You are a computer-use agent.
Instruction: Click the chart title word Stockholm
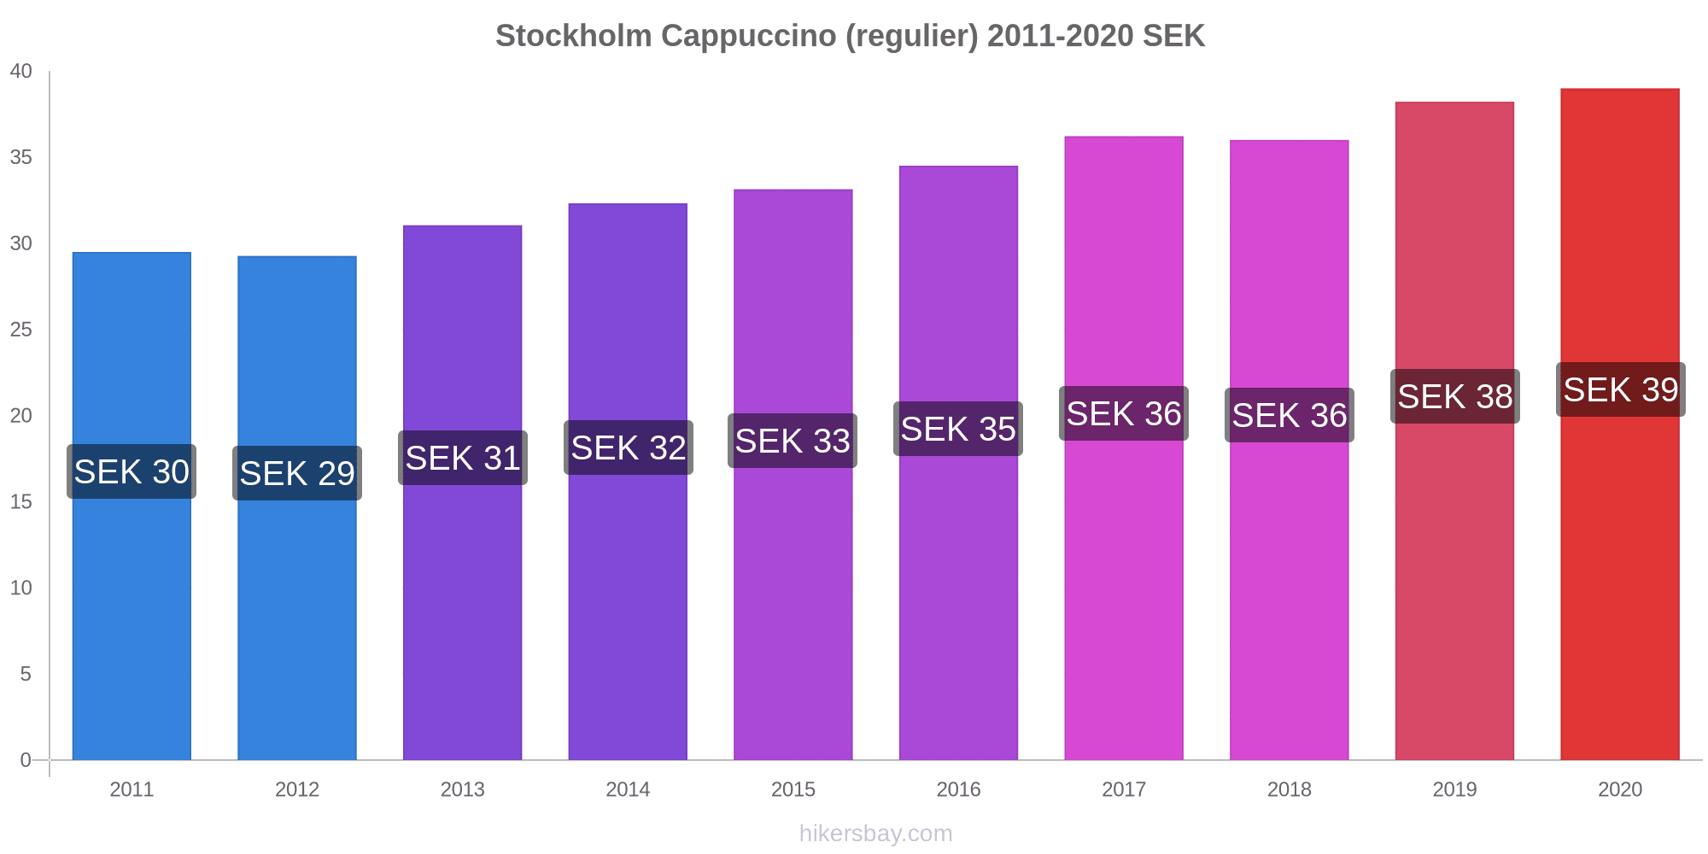coord(573,36)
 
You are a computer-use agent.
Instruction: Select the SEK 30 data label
coord(132,471)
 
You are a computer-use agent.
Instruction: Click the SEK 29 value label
coord(297,473)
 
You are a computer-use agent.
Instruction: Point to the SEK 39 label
coord(1620,390)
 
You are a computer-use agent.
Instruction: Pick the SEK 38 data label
coord(1454,396)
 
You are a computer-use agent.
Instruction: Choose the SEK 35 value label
coord(958,429)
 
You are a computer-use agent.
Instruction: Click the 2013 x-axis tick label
coord(462,789)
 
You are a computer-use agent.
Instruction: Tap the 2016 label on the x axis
coord(958,789)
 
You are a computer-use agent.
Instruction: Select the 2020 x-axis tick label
coord(1619,789)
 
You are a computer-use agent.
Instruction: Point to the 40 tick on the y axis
coord(21,72)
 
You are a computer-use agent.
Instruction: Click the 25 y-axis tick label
coord(21,330)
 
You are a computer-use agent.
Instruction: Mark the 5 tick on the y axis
coord(26,674)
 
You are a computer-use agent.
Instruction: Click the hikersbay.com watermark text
coord(875,833)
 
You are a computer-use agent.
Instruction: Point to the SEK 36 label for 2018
coord(1289,415)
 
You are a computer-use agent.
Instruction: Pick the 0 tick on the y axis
coord(26,760)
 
